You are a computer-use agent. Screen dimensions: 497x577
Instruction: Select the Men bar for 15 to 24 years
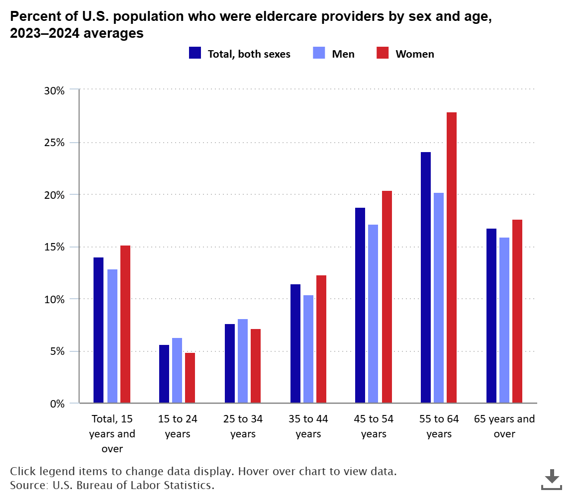pyautogui.click(x=177, y=370)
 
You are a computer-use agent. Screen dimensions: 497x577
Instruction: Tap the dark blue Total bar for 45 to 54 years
pyautogui.click(x=360, y=305)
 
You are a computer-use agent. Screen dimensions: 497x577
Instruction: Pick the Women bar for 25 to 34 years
pyautogui.click(x=256, y=366)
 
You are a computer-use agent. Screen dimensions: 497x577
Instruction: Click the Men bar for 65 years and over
pyautogui.click(x=504, y=320)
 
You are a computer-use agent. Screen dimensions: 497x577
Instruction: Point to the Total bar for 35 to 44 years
pyautogui.click(x=295, y=343)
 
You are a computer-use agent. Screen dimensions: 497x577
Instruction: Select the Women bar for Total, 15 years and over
pyautogui.click(x=125, y=324)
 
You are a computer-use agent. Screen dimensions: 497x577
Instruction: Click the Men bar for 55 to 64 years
pyautogui.click(x=439, y=298)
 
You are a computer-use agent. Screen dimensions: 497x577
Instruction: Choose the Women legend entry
pyautogui.click(x=405, y=54)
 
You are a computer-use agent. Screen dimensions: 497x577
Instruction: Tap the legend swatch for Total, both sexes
pyautogui.click(x=195, y=53)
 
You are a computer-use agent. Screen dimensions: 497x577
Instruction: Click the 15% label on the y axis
pyautogui.click(x=54, y=247)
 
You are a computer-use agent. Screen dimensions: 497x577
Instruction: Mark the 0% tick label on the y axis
pyautogui.click(x=57, y=404)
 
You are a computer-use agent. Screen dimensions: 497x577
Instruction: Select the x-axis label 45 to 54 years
pyautogui.click(x=374, y=426)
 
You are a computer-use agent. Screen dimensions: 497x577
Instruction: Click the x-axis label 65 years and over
pyautogui.click(x=504, y=426)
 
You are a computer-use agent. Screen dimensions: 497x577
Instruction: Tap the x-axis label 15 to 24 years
pyautogui.click(x=178, y=426)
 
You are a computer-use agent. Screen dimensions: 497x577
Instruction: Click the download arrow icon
pyautogui.click(x=552, y=479)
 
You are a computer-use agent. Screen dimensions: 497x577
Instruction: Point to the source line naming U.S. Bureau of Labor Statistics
pyautogui.click(x=112, y=485)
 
